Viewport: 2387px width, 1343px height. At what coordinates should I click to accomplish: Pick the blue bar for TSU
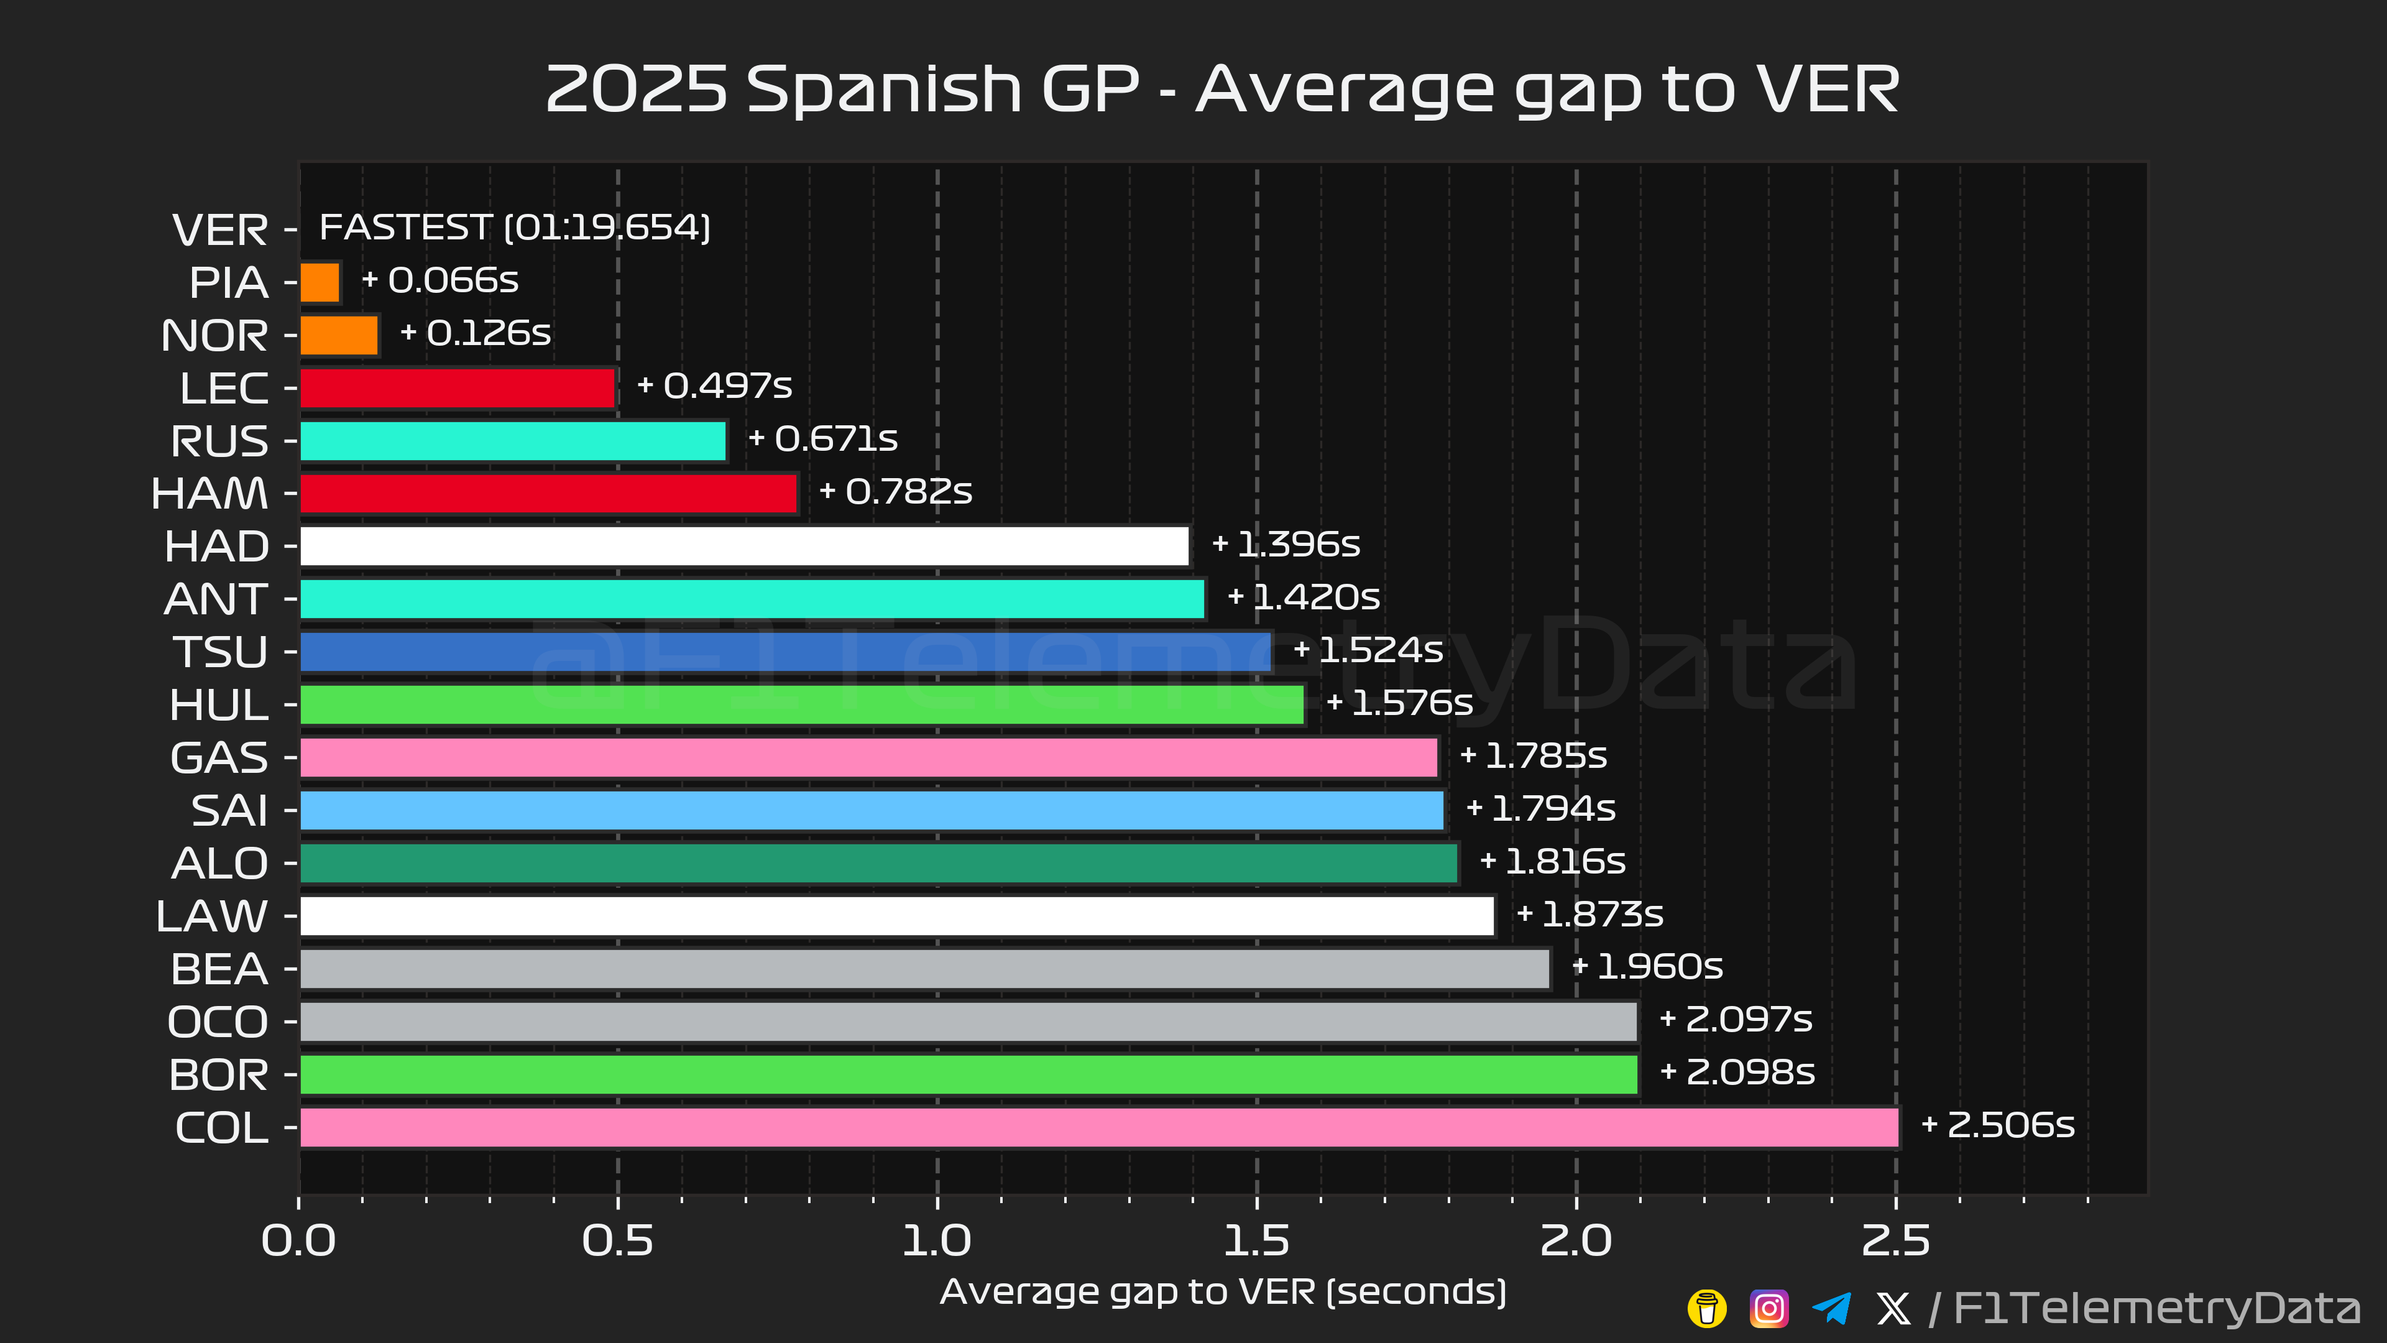coord(785,652)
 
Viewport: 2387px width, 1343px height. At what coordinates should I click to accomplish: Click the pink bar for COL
coord(1099,1128)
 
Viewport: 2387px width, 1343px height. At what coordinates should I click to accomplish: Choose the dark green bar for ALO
coord(878,864)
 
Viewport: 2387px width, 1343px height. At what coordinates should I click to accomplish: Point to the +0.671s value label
coord(823,438)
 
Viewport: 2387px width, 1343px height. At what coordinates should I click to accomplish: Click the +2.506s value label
coord(1998,1125)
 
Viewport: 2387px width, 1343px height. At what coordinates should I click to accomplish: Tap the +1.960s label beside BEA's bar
coord(1647,967)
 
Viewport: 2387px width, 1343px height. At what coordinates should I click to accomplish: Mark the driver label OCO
coord(218,1022)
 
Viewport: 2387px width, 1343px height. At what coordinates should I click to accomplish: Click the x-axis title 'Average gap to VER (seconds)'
coord(1223,1292)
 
